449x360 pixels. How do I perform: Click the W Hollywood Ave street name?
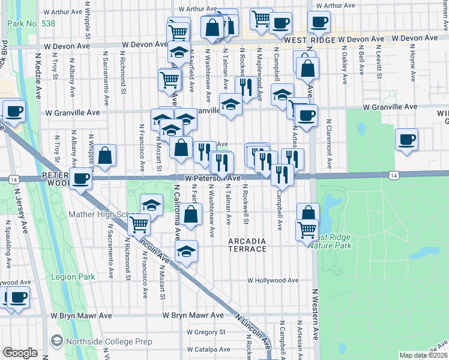pyautogui.click(x=273, y=280)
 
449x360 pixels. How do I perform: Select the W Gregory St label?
pyautogui.click(x=205, y=331)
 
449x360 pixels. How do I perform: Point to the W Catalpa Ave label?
pyautogui.click(x=208, y=349)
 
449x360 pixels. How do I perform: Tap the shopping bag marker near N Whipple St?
pyautogui.click(x=104, y=155)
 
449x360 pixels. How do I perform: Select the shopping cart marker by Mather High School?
pyautogui.click(x=139, y=224)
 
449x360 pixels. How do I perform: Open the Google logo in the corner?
pyautogui.click(x=20, y=353)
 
